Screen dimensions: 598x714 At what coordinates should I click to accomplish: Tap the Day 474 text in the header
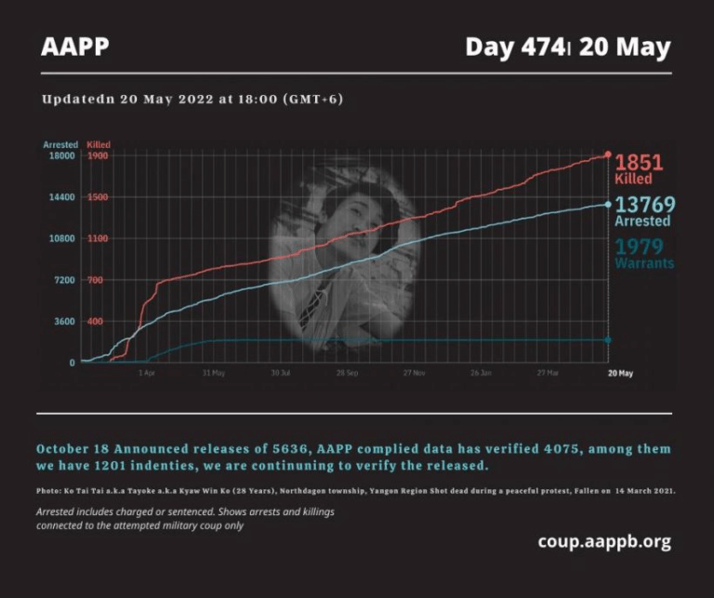click(x=515, y=47)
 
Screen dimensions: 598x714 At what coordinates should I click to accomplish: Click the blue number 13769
click(x=644, y=205)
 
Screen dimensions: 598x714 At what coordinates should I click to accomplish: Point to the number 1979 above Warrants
click(x=639, y=246)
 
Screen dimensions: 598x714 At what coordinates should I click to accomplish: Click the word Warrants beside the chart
click(x=644, y=263)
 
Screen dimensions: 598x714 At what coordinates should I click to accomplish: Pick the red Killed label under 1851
click(x=633, y=179)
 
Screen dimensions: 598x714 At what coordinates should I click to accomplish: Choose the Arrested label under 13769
click(x=642, y=221)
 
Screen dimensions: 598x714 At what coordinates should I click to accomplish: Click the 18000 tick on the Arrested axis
click(x=62, y=156)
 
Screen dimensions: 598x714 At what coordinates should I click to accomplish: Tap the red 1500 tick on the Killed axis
click(x=98, y=197)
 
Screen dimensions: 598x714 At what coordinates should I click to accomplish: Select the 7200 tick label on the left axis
click(x=64, y=280)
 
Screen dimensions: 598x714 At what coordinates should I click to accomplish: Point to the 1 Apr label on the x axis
click(x=147, y=373)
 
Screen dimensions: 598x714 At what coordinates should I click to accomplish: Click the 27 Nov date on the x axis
click(x=415, y=373)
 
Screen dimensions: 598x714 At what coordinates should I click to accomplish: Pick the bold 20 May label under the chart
click(x=620, y=373)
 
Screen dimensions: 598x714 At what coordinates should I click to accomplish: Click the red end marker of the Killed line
click(x=608, y=154)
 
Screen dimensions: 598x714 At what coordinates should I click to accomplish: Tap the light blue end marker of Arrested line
click(x=608, y=205)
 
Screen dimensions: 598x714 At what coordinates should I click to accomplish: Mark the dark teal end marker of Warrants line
click(x=608, y=339)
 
